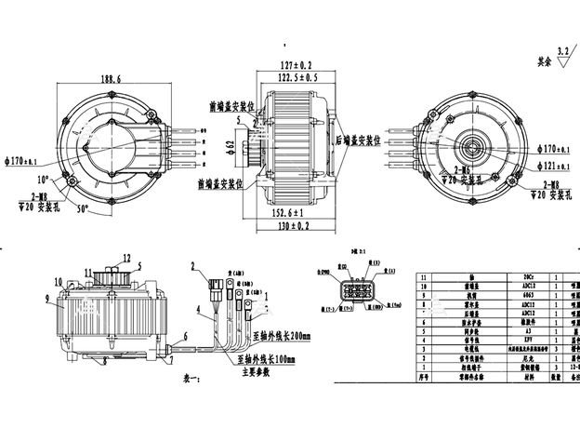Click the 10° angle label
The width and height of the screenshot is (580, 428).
[x=43, y=179]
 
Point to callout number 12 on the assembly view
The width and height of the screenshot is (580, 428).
[x=127, y=258]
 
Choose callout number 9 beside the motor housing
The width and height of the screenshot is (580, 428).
[x=46, y=298]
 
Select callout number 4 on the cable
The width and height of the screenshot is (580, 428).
[x=198, y=308]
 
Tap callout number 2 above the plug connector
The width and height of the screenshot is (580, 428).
[x=193, y=266]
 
